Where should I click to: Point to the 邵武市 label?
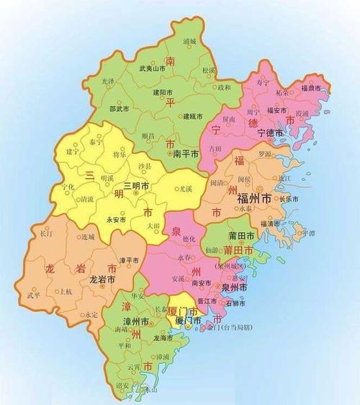(x=119, y=108)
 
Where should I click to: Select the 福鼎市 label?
(x=316, y=88)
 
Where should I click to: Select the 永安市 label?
(x=117, y=219)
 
